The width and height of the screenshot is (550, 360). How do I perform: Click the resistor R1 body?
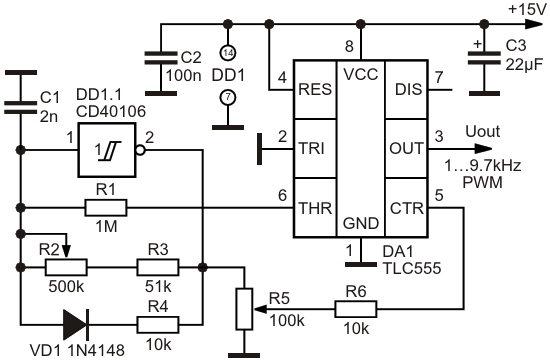point(106,208)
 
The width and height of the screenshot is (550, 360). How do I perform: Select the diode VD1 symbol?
point(76,325)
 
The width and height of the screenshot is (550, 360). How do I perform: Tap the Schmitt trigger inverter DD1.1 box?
point(107,150)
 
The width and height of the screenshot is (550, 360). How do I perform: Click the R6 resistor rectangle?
point(356,309)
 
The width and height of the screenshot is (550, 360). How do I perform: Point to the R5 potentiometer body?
point(244,309)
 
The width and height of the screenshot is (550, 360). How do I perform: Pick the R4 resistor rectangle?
point(157,325)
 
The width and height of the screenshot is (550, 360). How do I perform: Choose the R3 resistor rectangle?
point(157,267)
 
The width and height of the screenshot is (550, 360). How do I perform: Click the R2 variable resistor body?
point(66,267)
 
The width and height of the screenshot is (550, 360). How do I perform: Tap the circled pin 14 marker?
point(228,53)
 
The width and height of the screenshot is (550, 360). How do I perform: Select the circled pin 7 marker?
point(228,97)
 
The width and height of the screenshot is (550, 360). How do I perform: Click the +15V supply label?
point(527,9)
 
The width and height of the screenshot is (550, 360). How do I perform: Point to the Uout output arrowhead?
point(483,149)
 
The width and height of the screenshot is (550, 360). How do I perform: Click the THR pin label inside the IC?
point(315,208)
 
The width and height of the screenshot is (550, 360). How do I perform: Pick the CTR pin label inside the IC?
point(407,208)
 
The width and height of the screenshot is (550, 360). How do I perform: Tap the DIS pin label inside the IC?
point(408,89)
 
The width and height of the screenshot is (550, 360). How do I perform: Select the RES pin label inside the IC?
point(315,89)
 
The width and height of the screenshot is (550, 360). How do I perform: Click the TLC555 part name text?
point(412,268)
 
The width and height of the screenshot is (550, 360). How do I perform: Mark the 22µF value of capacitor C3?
point(524,65)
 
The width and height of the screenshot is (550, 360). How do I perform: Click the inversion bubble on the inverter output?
point(140,150)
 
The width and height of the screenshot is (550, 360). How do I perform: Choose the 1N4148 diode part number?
point(95,350)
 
